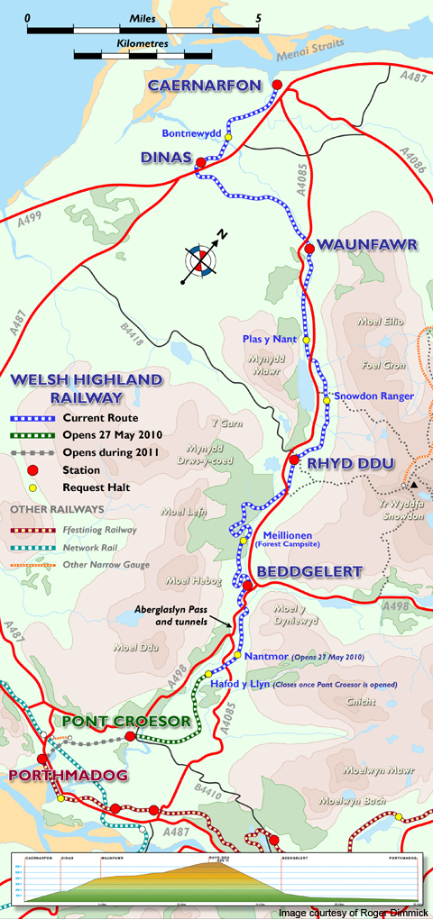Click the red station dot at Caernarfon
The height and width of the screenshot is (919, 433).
[x=278, y=86]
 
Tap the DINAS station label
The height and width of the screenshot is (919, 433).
[x=166, y=158]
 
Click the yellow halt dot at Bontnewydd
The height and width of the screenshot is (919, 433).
[x=228, y=136]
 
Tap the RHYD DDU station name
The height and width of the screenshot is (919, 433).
[x=344, y=462]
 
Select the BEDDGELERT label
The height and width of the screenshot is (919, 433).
[x=309, y=571]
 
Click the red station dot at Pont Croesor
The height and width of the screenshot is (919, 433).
[x=130, y=736]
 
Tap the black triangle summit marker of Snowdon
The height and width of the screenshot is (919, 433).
[x=414, y=485]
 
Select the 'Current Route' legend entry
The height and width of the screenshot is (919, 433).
[x=100, y=419]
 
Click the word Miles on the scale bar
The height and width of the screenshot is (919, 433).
[x=142, y=16]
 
